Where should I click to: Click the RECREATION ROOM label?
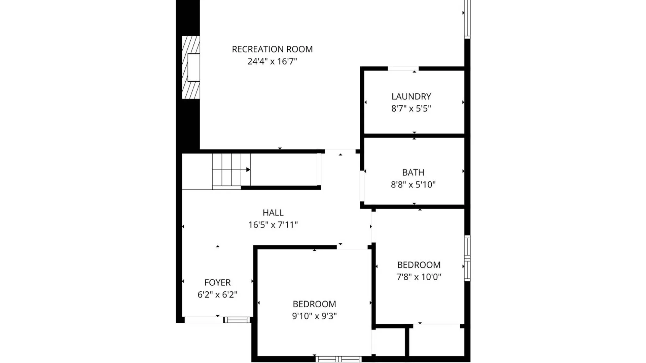[272, 49]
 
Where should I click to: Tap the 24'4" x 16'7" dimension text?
[272, 62]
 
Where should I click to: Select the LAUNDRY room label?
[411, 97]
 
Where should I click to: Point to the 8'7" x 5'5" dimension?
[411, 109]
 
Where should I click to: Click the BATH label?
[413, 173]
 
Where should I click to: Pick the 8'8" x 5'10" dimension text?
[413, 185]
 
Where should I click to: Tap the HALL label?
[273, 213]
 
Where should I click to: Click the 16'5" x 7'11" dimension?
[273, 225]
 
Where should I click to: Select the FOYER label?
[217, 283]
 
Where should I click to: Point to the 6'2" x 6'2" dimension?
[217, 295]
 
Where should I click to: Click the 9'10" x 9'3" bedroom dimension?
[314, 316]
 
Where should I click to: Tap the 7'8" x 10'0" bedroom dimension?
[419, 277]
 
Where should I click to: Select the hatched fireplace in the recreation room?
[191, 67]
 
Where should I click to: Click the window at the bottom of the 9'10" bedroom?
[338, 359]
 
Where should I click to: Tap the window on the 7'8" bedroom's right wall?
[467, 258]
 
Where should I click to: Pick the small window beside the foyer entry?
[237, 320]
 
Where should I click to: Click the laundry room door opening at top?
[403, 69]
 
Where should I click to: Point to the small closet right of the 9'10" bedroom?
[389, 341]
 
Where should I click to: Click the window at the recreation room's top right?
[467, 18]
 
